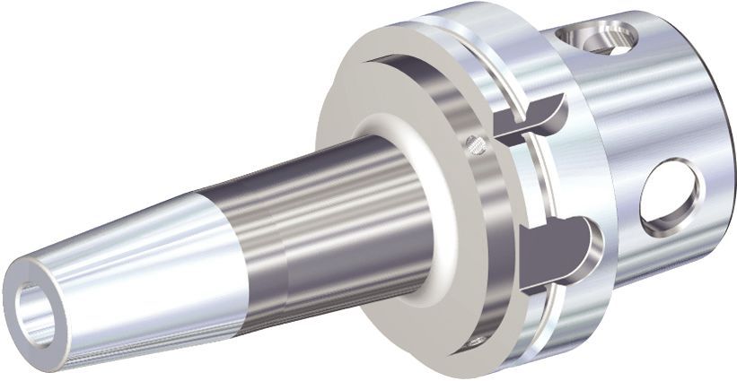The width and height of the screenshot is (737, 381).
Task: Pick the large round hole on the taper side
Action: pyautogui.click(x=671, y=192)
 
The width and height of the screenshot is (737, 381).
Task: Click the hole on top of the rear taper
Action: pyautogui.click(x=596, y=36)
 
